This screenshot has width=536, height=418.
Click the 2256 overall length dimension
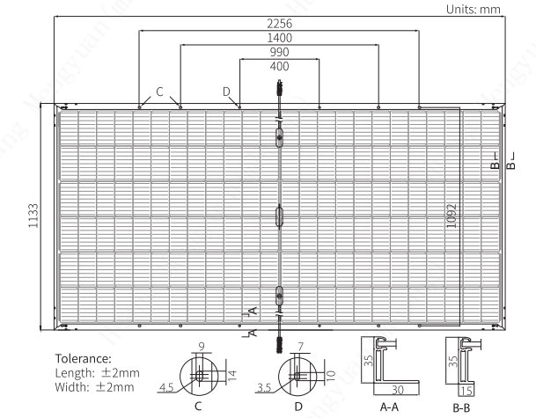point(279,24)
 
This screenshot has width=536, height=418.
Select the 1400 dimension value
point(279,38)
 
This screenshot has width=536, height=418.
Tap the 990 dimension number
point(279,52)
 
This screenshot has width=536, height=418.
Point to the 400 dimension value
point(279,66)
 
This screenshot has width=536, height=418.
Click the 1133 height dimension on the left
point(33,216)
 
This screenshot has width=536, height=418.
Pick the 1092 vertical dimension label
point(452,216)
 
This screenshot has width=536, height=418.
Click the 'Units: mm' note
point(474,9)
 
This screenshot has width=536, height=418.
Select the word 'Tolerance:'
point(84,358)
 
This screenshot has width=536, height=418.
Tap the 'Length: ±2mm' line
point(98,373)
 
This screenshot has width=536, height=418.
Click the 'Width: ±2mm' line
point(95,387)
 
